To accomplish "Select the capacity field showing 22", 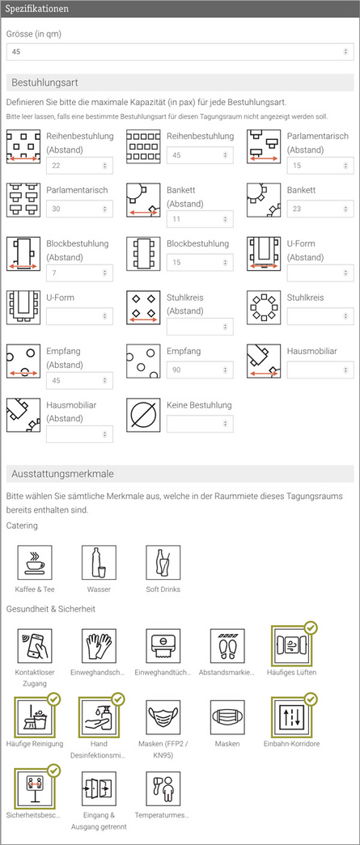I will [x=78, y=166].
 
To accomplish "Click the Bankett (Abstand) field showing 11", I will [x=199, y=219].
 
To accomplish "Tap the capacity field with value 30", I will [x=78, y=209].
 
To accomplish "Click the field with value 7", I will [x=78, y=273].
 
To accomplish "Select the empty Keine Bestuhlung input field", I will [x=199, y=423].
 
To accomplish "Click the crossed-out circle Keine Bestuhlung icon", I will [x=143, y=415].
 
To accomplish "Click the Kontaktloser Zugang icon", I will [x=35, y=647].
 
